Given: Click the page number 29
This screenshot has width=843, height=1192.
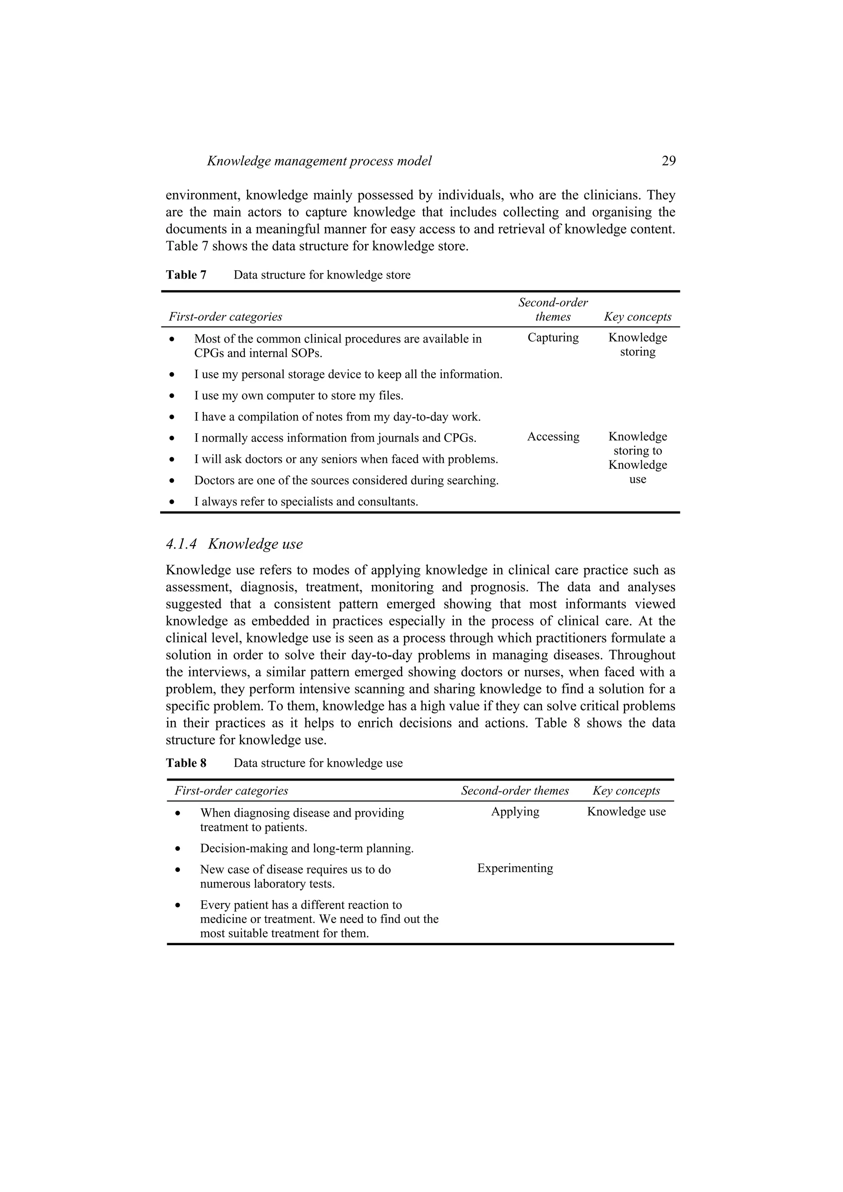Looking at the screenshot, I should tap(668, 161).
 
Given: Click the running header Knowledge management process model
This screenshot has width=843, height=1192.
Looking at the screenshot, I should tap(319, 161).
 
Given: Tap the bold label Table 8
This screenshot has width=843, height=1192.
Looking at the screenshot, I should tap(186, 763).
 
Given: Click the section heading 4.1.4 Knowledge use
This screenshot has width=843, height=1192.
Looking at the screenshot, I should tap(234, 544).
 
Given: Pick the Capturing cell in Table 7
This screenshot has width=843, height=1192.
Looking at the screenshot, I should tap(553, 337).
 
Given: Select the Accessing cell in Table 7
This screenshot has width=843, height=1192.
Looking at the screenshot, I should tap(553, 437).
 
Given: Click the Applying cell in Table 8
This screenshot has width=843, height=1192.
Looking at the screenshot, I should tap(515, 811).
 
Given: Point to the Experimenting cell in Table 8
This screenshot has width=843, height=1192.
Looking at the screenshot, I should tap(515, 868).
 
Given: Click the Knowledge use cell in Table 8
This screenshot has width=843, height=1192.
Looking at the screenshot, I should tap(626, 811).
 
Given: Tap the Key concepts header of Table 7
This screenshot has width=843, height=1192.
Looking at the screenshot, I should tap(637, 317).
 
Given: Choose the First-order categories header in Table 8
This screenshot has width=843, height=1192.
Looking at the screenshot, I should tap(231, 791).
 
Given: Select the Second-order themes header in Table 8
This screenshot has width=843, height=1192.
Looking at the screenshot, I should tap(515, 791).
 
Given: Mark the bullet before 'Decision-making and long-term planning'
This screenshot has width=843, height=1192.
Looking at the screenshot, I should tap(178, 849).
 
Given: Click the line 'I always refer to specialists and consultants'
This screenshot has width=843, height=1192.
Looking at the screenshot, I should tap(306, 502).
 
